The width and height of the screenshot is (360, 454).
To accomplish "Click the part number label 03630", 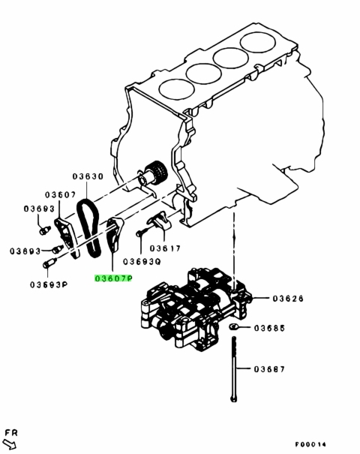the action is pyautogui.click(x=88, y=176).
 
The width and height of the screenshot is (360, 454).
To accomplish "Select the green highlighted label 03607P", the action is pyautogui.click(x=113, y=278).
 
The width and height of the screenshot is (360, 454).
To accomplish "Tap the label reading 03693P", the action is pyautogui.click(x=49, y=285).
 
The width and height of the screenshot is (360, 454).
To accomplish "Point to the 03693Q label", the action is pyautogui.click(x=142, y=262).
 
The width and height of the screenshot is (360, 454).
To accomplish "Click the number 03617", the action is pyautogui.click(x=165, y=248).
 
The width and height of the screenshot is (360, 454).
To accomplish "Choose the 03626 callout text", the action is pyautogui.click(x=288, y=298).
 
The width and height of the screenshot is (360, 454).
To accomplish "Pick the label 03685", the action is pyautogui.click(x=269, y=328).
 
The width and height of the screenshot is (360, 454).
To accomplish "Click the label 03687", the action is pyautogui.click(x=269, y=369).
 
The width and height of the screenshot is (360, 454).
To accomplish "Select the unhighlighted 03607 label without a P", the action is pyautogui.click(x=60, y=195).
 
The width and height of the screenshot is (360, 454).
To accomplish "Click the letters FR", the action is pyautogui.click(x=11, y=433).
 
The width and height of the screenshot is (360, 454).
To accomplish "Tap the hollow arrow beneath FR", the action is pyautogui.click(x=10, y=444).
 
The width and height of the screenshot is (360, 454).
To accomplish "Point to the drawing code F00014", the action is pyautogui.click(x=310, y=444).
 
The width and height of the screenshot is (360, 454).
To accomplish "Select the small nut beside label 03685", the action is pyautogui.click(x=233, y=327).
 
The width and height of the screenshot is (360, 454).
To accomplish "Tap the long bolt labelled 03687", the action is pyautogui.click(x=234, y=369).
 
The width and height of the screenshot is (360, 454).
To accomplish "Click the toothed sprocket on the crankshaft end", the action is pyautogui.click(x=157, y=172).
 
